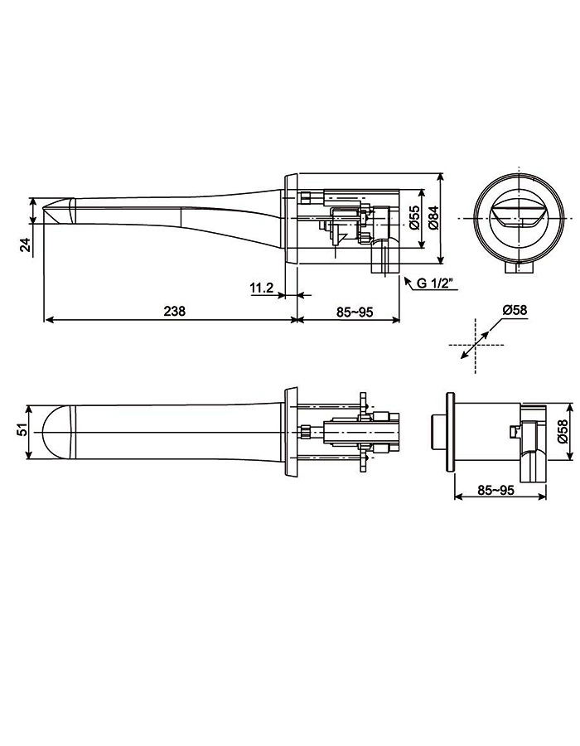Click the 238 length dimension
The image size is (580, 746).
coord(174,312)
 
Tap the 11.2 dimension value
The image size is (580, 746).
coord(261,288)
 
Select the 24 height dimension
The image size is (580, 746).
coord(26,245)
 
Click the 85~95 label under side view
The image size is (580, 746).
coord(354,312)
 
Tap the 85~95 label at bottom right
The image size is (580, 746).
coord(496,490)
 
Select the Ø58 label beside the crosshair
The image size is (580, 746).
coord(515,310)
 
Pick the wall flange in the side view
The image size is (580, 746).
coord(292,218)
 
